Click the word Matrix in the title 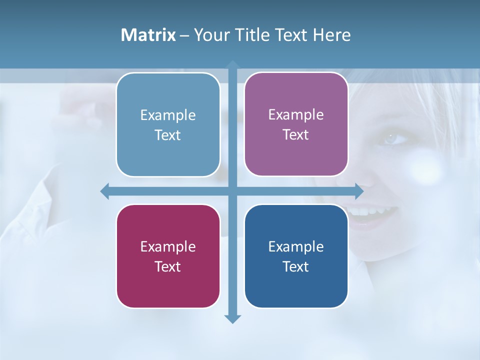[148, 35]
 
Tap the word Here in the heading [331, 35]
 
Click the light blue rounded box [168, 124]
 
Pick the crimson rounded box [168, 256]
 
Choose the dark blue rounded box [296, 256]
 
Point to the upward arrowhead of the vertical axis [232, 65]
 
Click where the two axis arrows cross [232, 191]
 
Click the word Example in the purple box [296, 114]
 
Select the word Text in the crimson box [168, 266]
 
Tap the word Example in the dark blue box [296, 246]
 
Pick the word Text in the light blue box [168, 135]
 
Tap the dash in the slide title [184, 35]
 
